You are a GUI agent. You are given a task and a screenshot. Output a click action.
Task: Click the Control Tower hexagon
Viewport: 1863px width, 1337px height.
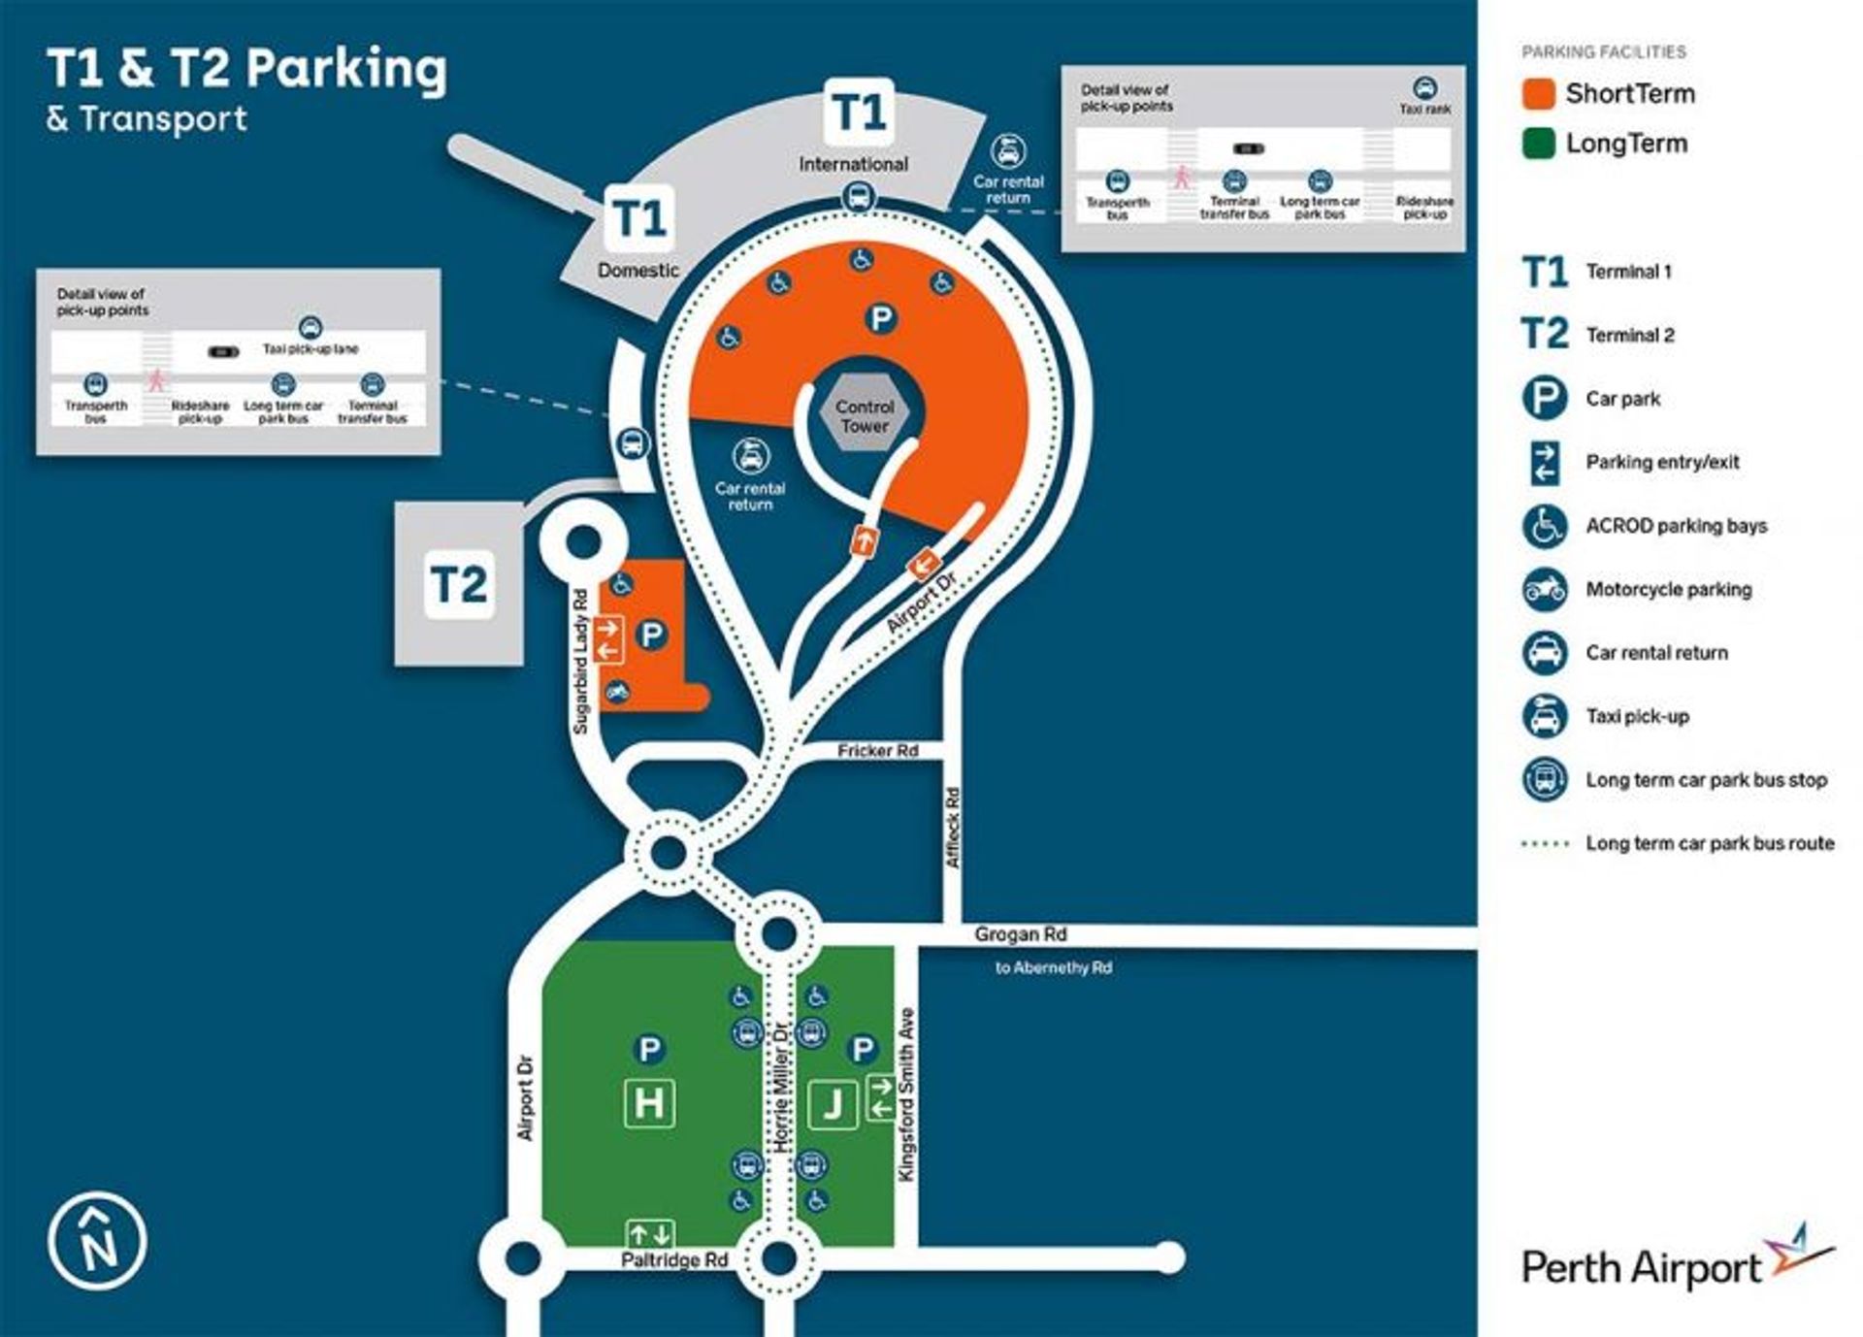[x=865, y=416]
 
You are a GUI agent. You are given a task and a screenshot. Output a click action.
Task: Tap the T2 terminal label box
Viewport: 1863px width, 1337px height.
[x=459, y=584]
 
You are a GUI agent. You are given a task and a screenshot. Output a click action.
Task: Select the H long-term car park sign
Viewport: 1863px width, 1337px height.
[x=649, y=1103]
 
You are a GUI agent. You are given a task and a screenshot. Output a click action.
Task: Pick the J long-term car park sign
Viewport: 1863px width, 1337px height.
[x=833, y=1104]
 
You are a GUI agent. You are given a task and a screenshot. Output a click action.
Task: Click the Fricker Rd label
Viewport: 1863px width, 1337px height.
[x=877, y=751]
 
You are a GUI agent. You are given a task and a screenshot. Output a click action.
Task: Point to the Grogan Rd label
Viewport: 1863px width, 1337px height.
[x=1020, y=934]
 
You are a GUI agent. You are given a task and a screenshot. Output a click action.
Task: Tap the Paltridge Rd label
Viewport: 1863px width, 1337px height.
[x=674, y=1260]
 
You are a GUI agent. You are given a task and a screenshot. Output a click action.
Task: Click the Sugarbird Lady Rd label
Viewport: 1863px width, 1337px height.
[x=581, y=662]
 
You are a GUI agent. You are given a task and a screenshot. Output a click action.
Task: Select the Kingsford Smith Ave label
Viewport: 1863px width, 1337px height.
[x=907, y=1095]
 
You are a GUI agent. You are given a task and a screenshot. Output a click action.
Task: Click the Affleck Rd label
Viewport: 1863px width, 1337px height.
[x=953, y=828]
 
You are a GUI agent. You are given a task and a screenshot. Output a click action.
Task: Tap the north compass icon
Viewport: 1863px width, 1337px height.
[x=97, y=1242]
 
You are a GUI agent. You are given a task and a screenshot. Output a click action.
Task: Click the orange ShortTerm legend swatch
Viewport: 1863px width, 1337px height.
[x=1539, y=94]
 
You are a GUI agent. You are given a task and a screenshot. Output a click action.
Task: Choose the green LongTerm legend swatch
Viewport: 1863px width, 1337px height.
[x=1539, y=145]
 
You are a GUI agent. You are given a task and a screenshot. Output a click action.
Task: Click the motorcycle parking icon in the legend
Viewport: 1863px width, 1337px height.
[x=1544, y=589]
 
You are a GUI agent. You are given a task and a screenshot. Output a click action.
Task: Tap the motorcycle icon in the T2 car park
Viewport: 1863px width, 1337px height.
[x=617, y=692]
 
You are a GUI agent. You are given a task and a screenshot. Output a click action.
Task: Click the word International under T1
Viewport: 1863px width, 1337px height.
[x=853, y=164]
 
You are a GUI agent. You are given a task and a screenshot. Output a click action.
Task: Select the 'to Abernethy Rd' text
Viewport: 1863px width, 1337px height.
[x=1053, y=967]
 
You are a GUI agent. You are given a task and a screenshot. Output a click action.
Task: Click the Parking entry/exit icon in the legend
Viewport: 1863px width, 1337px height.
[x=1544, y=462]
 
